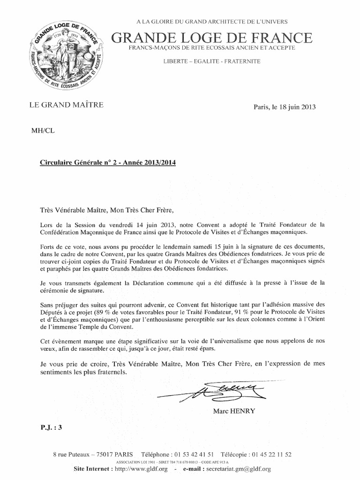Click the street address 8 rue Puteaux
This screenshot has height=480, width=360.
(x=74, y=454)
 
